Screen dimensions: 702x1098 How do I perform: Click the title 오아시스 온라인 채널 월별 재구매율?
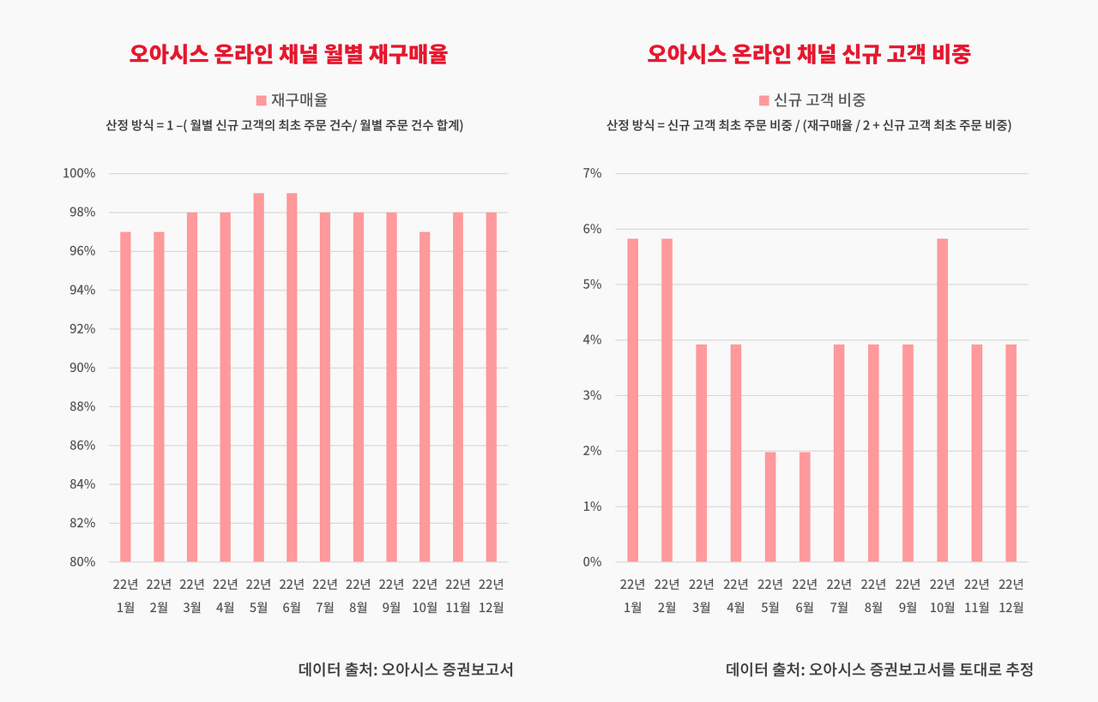point(288,55)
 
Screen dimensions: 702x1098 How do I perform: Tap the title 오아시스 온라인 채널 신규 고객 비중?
point(809,55)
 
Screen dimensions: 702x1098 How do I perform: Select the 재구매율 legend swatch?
point(261,100)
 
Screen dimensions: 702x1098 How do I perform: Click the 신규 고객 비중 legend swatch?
point(764,100)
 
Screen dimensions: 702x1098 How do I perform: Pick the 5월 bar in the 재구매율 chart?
point(258,377)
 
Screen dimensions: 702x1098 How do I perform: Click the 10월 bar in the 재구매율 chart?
point(425,397)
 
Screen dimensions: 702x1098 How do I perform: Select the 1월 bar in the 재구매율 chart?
point(125,397)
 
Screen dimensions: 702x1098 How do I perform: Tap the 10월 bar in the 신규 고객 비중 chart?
point(942,400)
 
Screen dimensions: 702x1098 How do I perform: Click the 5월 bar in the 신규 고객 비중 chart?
point(770,507)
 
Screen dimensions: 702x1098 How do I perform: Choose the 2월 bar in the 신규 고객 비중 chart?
point(667,400)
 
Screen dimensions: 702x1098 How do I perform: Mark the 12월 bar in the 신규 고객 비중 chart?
point(1011,453)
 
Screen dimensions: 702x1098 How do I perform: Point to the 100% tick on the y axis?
point(79,174)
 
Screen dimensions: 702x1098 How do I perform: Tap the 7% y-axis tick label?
point(592,174)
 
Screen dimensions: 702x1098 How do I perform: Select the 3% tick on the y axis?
point(592,396)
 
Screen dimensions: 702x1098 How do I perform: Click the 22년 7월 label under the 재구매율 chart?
point(325,596)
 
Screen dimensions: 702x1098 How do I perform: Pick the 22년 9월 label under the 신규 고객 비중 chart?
point(908,596)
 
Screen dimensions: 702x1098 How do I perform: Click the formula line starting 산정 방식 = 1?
point(284,125)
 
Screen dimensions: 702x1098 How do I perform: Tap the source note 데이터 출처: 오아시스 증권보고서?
point(406,669)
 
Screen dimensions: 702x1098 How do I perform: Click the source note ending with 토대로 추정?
point(879,669)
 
